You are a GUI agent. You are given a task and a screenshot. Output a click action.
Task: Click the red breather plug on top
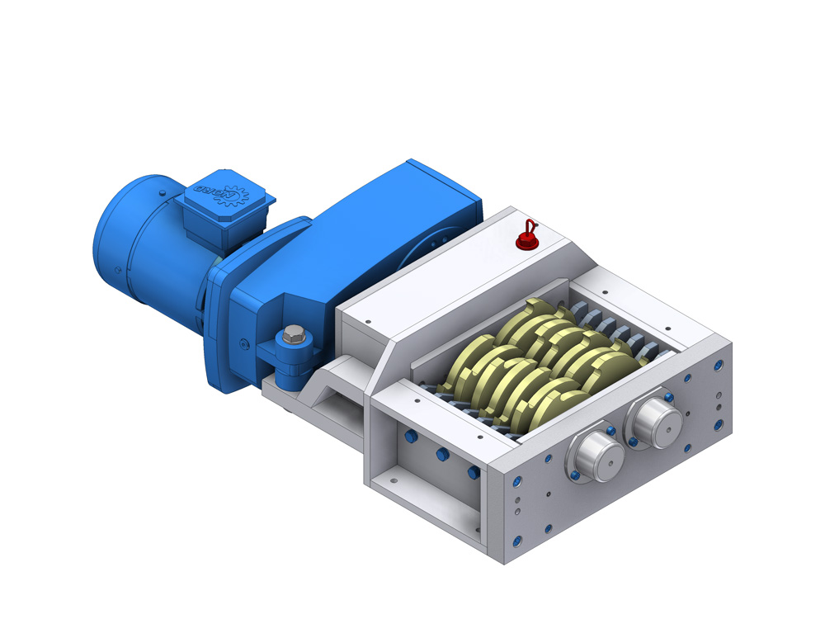pyautogui.click(x=525, y=241)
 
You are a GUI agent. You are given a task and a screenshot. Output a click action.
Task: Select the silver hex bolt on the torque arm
pyautogui.click(x=294, y=335)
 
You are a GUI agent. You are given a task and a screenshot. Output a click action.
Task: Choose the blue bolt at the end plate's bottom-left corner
pyautogui.click(x=516, y=541)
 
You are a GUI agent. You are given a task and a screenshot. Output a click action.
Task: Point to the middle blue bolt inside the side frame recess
pyautogui.click(x=441, y=455)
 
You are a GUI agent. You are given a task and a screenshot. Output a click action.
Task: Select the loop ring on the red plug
pyautogui.click(x=530, y=224)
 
